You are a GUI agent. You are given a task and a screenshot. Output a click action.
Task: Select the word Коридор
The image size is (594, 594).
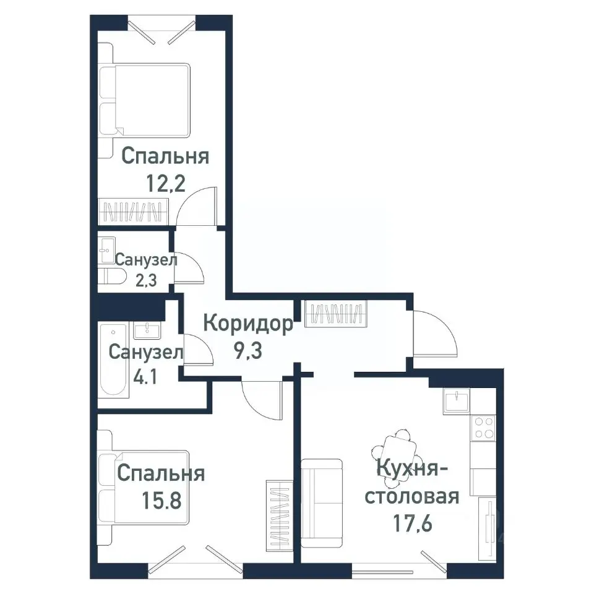(247, 324)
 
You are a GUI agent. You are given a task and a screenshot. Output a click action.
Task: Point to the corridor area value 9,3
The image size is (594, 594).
(247, 350)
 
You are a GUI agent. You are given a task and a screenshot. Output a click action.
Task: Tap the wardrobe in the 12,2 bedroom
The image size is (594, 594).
(132, 211)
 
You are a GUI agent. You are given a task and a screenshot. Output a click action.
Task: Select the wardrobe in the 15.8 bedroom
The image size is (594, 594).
(278, 515)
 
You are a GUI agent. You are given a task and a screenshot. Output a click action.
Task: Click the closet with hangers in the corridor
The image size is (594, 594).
(337, 312)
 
